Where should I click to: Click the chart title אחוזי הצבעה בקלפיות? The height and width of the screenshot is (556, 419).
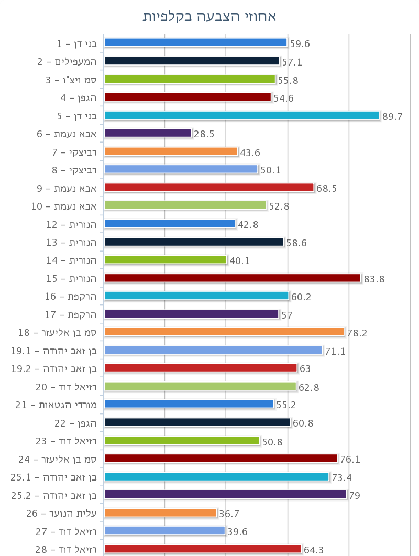tap(210, 16)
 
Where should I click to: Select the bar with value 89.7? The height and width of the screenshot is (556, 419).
tap(241, 115)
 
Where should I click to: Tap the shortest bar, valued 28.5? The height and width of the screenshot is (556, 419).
tap(148, 133)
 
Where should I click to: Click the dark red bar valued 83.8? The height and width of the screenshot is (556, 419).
tap(233, 278)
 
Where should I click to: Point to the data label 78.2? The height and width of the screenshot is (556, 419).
tap(358, 333)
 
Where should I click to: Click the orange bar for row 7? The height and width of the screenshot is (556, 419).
tap(171, 151)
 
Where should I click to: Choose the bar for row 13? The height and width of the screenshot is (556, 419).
tap(194, 242)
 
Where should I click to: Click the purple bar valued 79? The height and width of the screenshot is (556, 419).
tap(225, 494)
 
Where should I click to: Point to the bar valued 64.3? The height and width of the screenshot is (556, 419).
tap(203, 549)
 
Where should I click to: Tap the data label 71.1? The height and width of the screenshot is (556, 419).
tap(336, 351)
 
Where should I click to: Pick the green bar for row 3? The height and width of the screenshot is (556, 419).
tap(190, 79)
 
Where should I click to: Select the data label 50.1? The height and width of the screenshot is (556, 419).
tap(271, 170)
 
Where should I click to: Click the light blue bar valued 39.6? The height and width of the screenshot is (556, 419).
tap(164, 530)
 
